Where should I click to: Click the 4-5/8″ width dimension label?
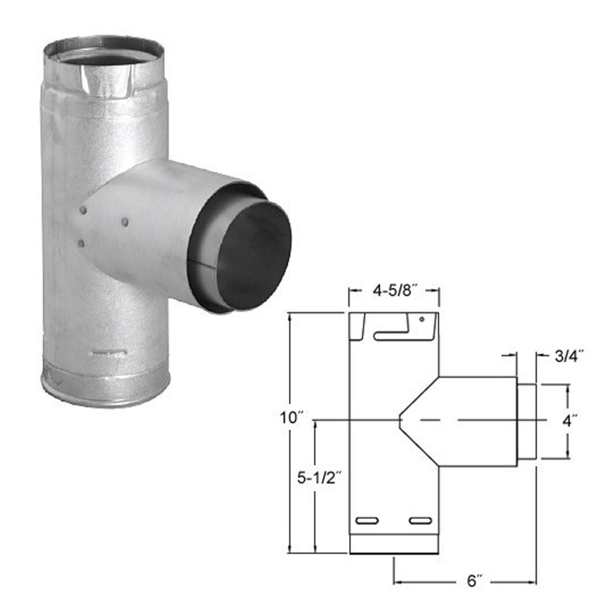pos(394,291)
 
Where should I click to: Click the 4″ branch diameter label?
pos(569,421)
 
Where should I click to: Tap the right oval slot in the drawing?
pos(421,520)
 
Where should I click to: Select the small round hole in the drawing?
pos(421,319)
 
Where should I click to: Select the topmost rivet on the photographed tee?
pos(84,210)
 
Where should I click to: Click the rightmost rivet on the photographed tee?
pos(125,222)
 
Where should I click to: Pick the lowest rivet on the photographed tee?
pos(81,244)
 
